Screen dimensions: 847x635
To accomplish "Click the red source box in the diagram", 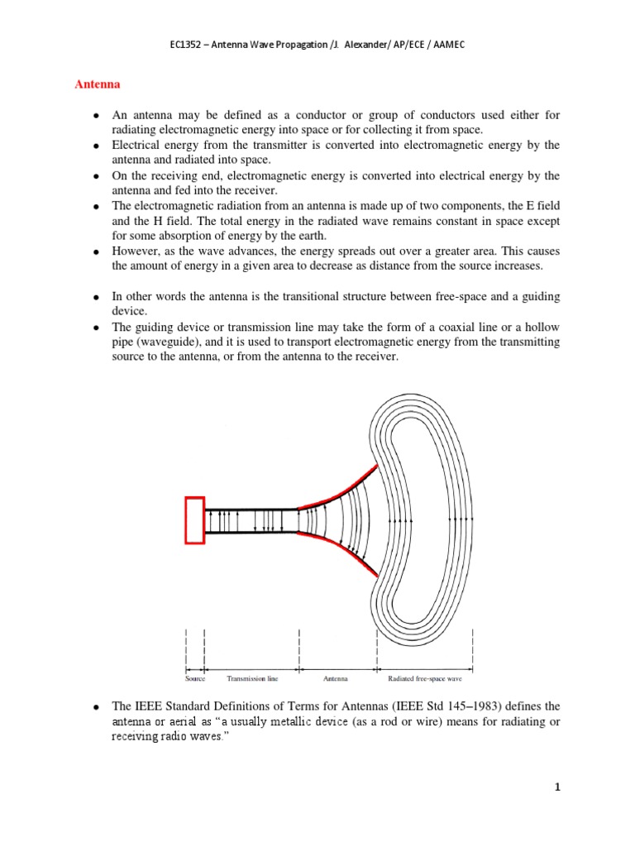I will [194, 519].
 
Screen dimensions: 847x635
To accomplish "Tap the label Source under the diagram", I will [195, 678].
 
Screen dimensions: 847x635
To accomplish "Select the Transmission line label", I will [251, 678].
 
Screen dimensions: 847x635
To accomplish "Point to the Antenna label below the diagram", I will [336, 678].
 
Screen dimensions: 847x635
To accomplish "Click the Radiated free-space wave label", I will [424, 678].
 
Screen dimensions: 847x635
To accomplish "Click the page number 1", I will [558, 787].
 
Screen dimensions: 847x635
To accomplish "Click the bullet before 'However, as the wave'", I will [97, 251].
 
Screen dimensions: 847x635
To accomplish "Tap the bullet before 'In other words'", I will [97, 296].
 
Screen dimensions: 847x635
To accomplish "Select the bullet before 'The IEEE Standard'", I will [97, 707].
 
